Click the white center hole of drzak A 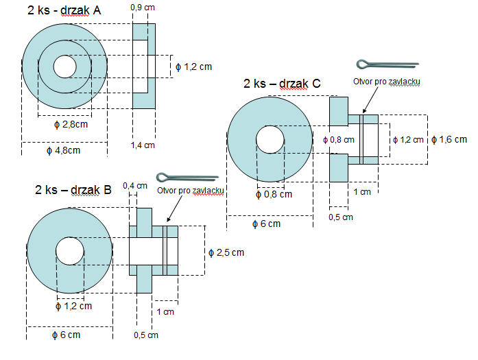(65, 67)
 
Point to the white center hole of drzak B (69, 251)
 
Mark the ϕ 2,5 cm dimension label (226, 252)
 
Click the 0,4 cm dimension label (134, 186)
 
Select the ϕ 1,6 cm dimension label (451, 139)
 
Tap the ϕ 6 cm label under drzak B (67, 335)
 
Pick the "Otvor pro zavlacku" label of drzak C (387, 81)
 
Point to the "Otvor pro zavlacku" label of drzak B (191, 191)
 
